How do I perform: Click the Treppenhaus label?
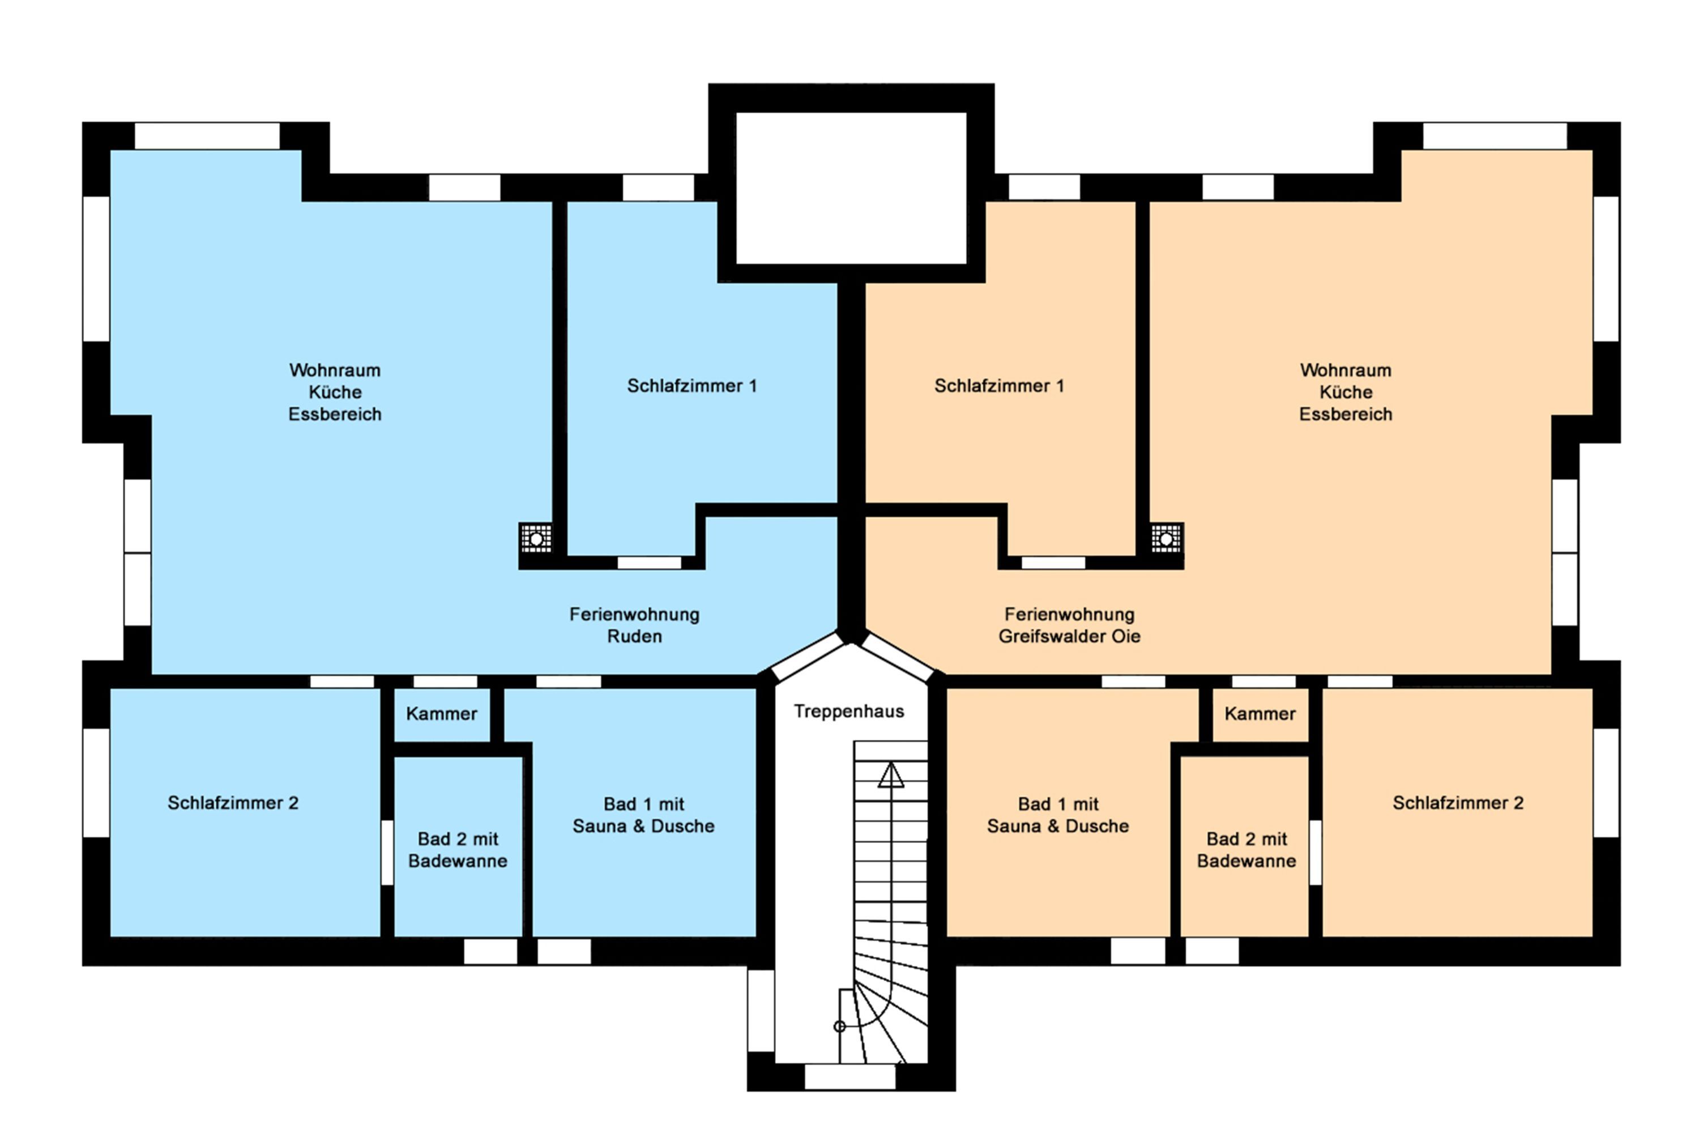(849, 712)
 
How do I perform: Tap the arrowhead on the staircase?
(891, 776)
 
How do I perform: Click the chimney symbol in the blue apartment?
(536, 538)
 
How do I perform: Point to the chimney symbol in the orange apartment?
(1166, 538)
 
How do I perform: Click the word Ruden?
(634, 637)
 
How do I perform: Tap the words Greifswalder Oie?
(1069, 637)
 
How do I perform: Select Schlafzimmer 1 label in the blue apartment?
(691, 386)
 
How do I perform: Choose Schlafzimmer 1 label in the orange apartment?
(999, 386)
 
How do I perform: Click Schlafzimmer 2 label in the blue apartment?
(233, 803)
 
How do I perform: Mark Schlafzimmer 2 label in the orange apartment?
(1458, 803)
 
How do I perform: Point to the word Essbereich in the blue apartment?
(335, 415)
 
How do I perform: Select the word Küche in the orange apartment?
(1346, 393)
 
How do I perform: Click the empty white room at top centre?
(851, 189)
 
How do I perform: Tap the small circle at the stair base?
(839, 1026)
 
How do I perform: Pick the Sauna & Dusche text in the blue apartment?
(643, 827)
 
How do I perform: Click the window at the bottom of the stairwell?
(849, 1077)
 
